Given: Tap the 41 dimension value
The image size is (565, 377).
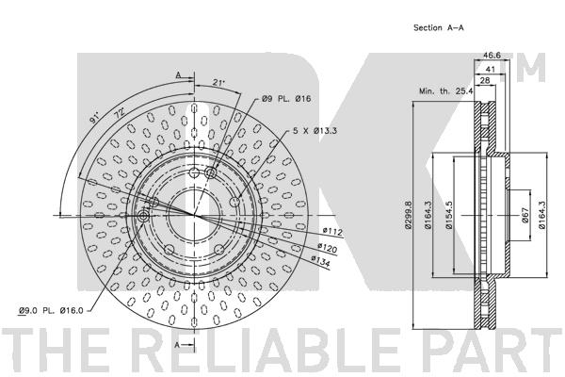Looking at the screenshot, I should click(492, 69).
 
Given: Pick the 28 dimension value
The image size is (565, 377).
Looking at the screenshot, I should click(486, 81).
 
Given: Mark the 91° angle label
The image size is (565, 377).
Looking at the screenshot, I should click(92, 121).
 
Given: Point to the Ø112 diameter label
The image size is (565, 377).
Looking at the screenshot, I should click(331, 231).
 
